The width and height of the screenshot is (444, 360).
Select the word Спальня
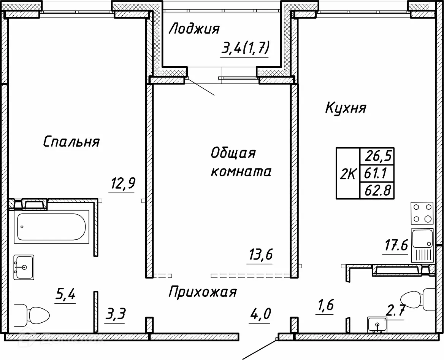coord(71,142)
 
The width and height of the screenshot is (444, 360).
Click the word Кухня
coord(346,108)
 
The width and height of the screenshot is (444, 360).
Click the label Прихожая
coord(203,292)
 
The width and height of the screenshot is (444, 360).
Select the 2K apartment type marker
coord(347,175)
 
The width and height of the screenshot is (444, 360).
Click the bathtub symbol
coord(50,227)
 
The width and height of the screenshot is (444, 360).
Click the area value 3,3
coord(115,315)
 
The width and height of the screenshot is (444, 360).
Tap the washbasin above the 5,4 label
coord(24,267)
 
